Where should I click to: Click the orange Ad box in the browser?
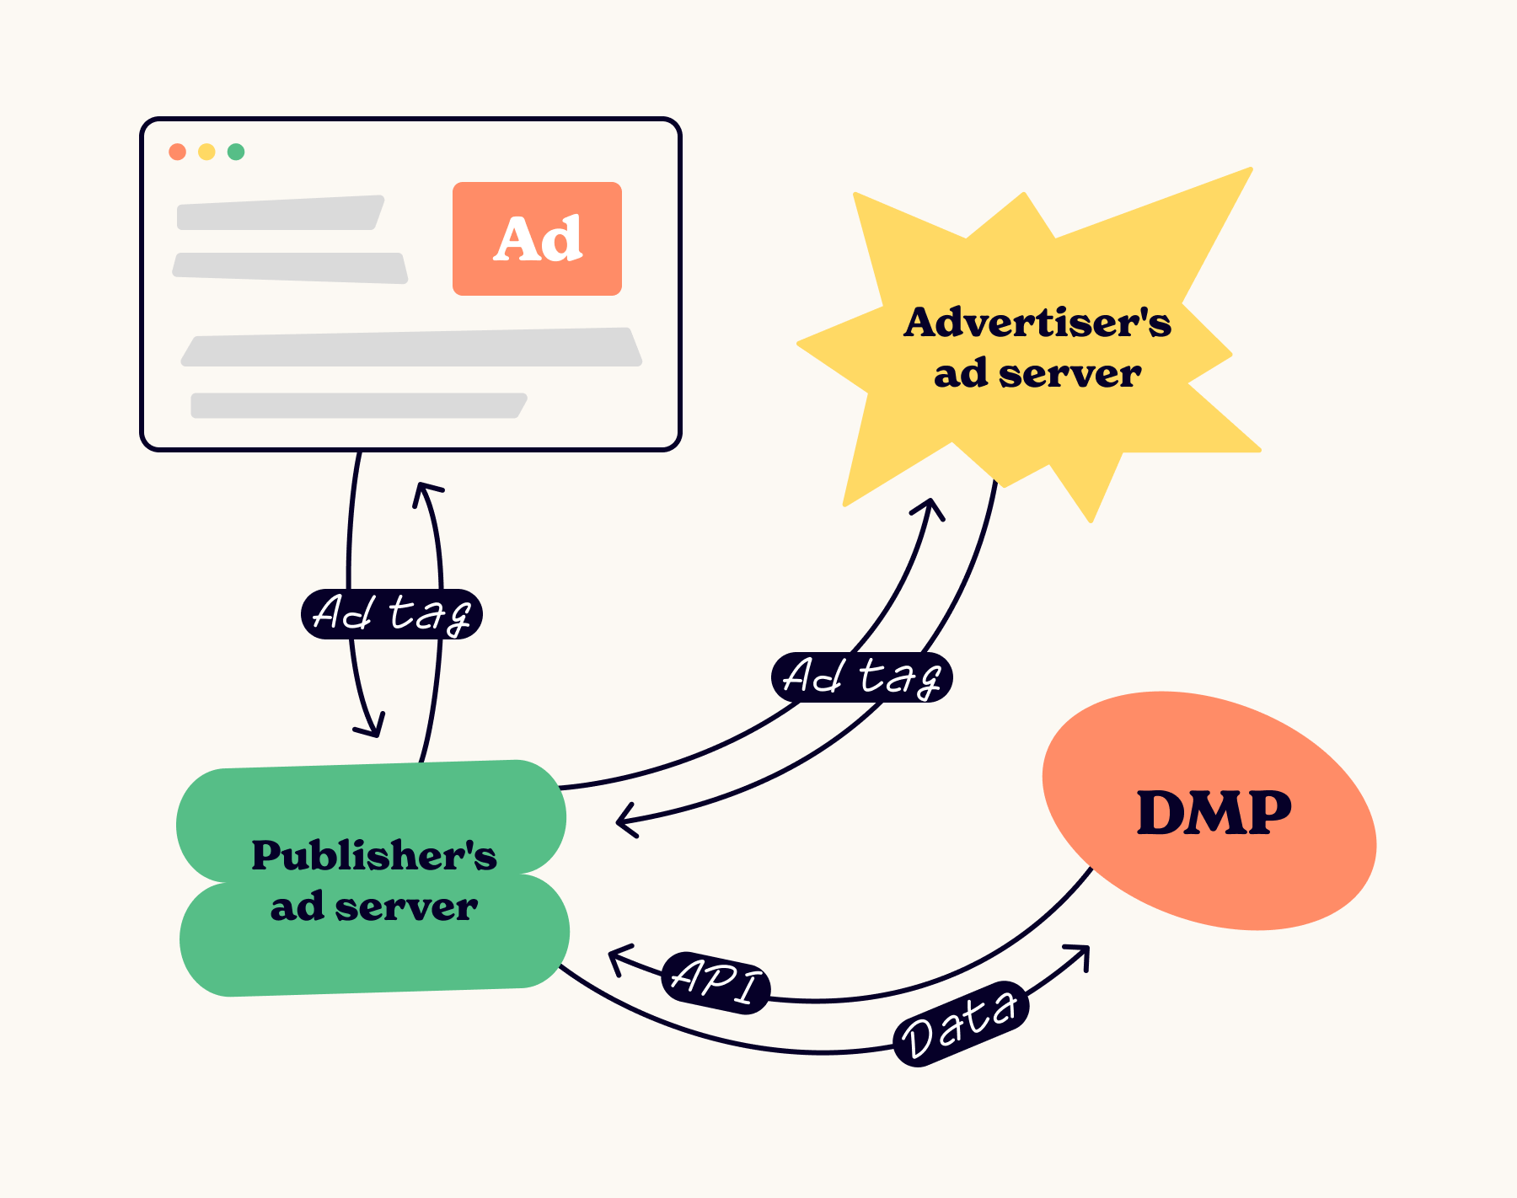click(x=537, y=238)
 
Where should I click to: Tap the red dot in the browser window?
click(x=177, y=152)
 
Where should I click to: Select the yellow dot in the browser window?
click(x=206, y=152)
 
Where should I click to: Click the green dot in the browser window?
click(x=236, y=152)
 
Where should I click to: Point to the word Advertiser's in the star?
click(x=1037, y=323)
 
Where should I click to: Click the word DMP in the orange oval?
click(x=1214, y=813)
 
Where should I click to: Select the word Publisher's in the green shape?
click(x=373, y=855)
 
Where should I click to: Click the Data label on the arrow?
click(x=960, y=1024)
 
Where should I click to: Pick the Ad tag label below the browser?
click(x=391, y=613)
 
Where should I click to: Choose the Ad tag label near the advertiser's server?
click(x=861, y=677)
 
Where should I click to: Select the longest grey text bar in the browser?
click(x=411, y=348)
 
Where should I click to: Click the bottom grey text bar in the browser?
click(x=358, y=405)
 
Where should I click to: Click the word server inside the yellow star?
click(x=1069, y=373)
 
